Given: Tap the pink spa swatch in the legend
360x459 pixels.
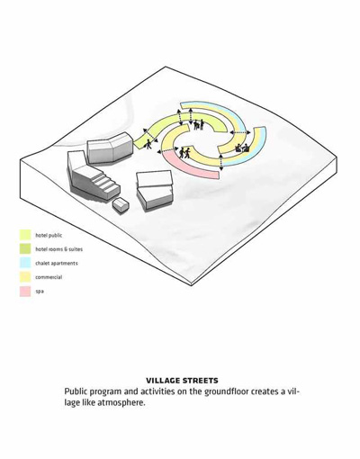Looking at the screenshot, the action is point(25,292).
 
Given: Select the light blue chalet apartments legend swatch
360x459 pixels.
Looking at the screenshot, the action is point(25,263).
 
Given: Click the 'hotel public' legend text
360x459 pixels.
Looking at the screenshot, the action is point(49,236).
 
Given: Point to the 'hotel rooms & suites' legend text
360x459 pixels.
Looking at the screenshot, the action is point(58,249).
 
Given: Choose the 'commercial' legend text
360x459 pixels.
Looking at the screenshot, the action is point(49,277).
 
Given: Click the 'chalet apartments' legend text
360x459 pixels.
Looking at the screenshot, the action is point(57,264).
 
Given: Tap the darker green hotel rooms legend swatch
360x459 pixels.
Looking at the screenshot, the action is point(25,249).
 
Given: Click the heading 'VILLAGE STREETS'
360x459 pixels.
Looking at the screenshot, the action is point(182,381).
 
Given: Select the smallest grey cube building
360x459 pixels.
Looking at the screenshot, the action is point(121,206).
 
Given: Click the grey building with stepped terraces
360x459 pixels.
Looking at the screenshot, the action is point(93,176).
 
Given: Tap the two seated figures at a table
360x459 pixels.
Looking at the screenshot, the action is point(242,148).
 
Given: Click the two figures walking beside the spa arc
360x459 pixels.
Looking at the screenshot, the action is point(184,153).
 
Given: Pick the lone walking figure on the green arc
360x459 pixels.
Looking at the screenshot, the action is point(148,144).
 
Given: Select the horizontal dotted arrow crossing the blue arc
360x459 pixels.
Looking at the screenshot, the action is point(240,132).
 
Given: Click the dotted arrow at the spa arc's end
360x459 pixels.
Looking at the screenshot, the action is point(221,162).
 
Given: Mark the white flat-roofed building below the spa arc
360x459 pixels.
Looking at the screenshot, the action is point(155,190).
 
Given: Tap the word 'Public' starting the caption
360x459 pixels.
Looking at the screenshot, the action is point(76,391).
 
